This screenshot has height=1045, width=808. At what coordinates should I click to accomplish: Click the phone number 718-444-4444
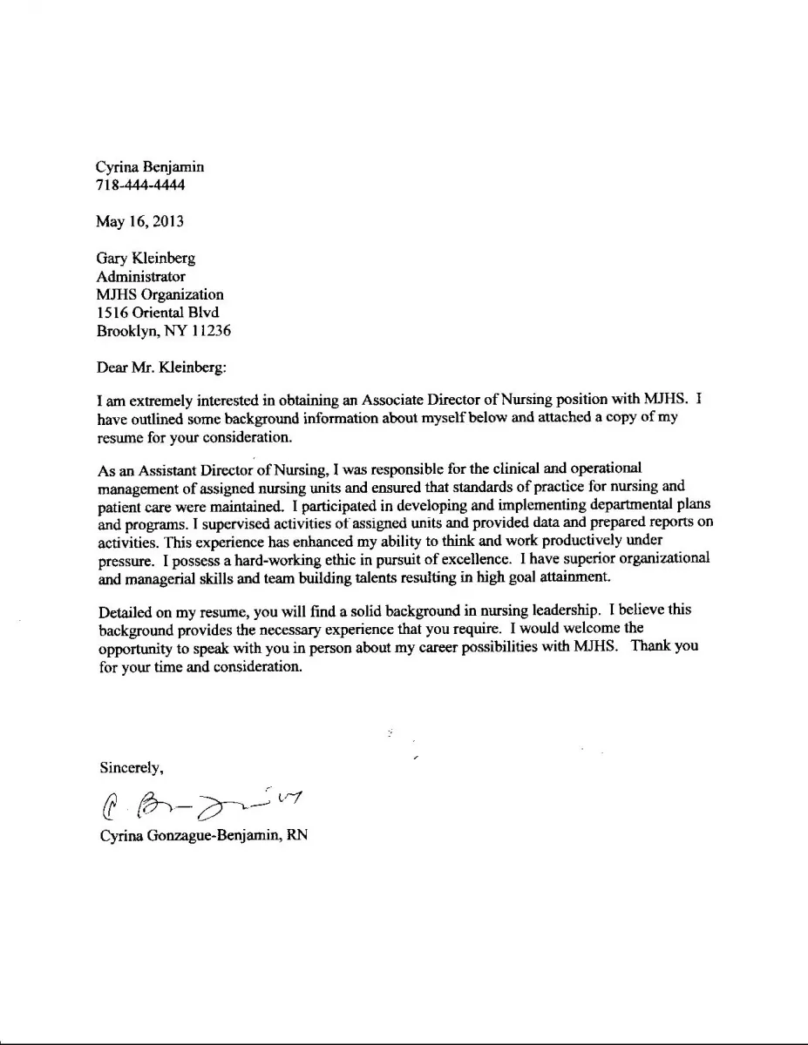140,185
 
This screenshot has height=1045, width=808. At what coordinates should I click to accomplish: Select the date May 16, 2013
139,221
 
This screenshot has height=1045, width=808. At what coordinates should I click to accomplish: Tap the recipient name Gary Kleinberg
146,258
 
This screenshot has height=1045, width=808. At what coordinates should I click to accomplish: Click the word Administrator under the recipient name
140,276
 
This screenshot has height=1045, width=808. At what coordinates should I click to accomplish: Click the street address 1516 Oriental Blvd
157,313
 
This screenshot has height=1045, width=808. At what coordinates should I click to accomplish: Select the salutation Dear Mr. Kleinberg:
161,367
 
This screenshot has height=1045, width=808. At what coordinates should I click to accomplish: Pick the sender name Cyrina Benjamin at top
150,166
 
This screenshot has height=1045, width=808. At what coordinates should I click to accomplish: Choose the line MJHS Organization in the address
160,294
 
